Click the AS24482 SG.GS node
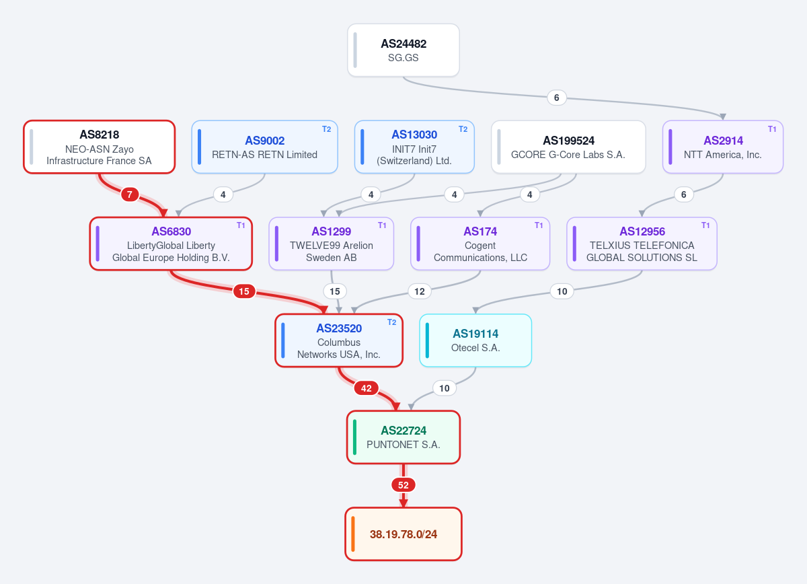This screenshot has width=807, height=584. [x=403, y=50]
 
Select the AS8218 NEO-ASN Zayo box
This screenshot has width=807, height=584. [x=100, y=147]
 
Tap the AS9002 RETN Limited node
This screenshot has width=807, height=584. [x=264, y=147]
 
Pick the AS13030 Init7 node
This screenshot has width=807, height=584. [x=414, y=147]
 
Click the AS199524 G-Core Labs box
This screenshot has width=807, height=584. [x=568, y=147]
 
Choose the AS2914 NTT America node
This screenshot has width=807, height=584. [x=723, y=147]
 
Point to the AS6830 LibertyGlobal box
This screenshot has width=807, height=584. [x=171, y=244]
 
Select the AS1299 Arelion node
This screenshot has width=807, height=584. [x=331, y=244]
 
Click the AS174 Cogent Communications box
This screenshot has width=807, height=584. [x=480, y=244]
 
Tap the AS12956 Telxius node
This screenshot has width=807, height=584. [x=642, y=244]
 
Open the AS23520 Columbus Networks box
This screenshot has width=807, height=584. [x=339, y=340]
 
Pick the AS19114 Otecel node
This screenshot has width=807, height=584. [x=475, y=340]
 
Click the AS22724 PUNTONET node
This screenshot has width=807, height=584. [x=403, y=437]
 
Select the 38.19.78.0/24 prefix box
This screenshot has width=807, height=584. [x=403, y=534]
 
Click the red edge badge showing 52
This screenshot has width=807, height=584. [x=403, y=485]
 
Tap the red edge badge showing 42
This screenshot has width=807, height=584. [x=366, y=388]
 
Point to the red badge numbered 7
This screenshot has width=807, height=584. [x=130, y=194]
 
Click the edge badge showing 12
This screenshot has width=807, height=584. [x=420, y=291]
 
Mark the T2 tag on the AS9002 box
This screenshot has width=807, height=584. [x=326, y=129]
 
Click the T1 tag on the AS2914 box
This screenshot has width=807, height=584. [x=772, y=129]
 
